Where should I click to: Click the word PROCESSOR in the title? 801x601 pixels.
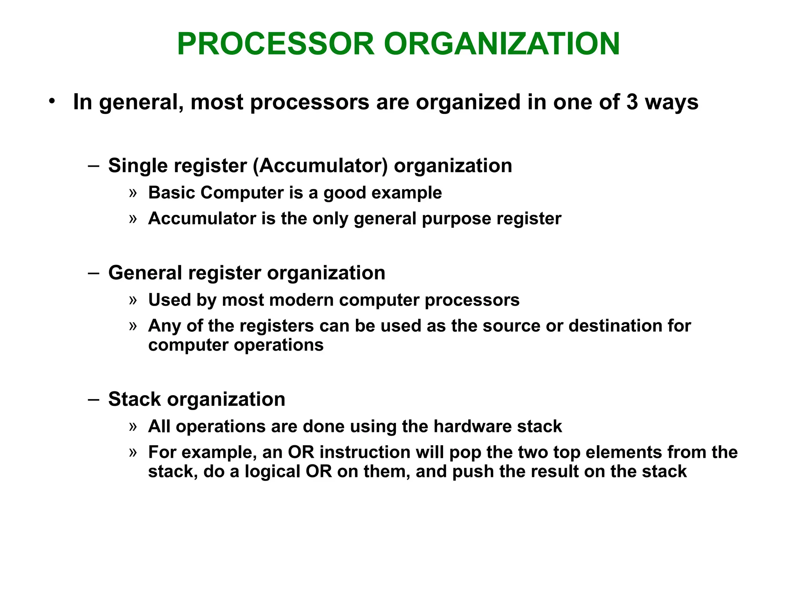point(276,44)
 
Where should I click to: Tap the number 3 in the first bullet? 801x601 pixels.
point(632,102)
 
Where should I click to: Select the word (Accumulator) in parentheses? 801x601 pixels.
point(320,166)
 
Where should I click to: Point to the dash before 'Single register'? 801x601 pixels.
point(94,166)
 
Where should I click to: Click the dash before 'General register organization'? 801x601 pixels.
point(94,273)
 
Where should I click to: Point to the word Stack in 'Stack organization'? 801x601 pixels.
point(135,399)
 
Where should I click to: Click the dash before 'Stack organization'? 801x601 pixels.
point(94,399)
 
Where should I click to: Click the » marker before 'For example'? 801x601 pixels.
point(133,452)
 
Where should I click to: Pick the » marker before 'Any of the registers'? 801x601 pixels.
point(133,326)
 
